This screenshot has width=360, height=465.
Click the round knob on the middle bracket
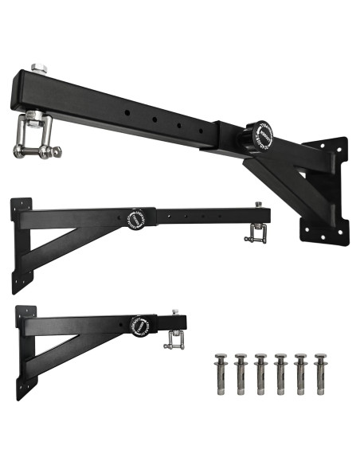[136, 217]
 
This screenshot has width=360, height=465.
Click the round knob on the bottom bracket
[142, 326]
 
